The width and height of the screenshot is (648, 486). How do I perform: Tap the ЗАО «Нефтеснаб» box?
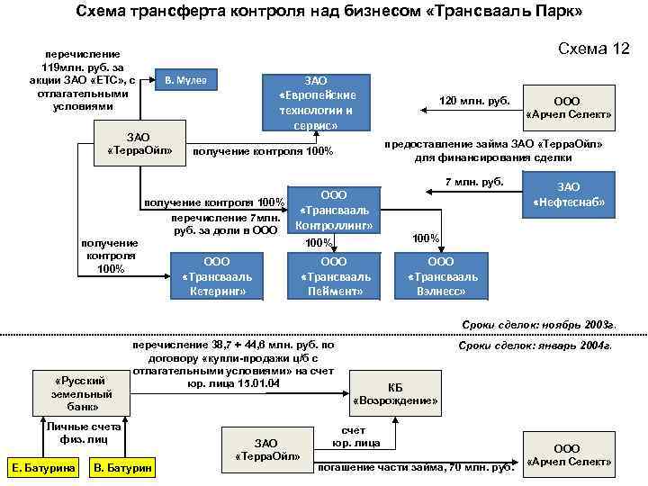pos(569,195)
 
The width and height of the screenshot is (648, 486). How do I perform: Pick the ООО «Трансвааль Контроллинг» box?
pos(334,210)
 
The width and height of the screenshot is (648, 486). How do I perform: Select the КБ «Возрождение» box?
pos(394,393)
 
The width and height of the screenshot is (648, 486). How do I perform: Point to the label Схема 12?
pos(594,49)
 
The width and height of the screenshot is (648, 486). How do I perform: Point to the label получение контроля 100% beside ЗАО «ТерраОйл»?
pos(263,150)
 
